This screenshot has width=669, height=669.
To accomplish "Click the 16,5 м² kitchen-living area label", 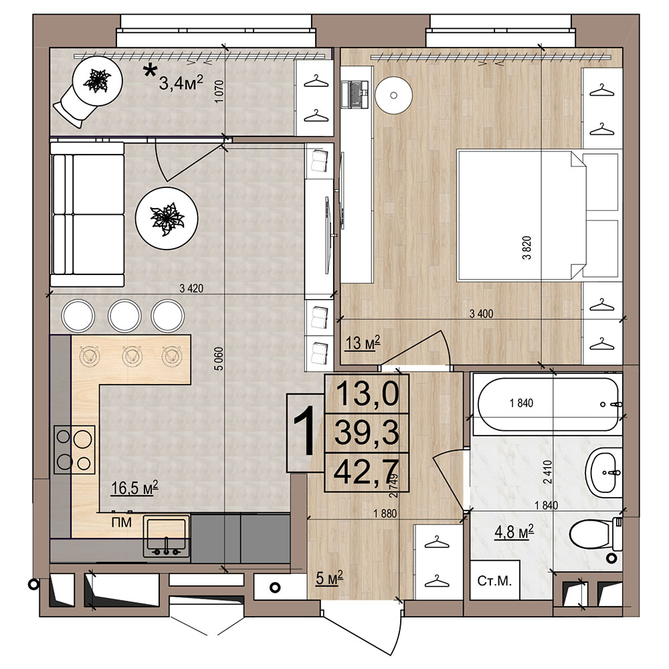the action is [134, 487].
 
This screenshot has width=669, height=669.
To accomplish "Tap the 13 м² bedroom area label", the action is [362, 342].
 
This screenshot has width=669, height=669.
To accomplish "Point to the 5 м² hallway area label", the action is [330, 578].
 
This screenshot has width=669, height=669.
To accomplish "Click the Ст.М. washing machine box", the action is [494, 581].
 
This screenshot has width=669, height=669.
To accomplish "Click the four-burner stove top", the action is [74, 450].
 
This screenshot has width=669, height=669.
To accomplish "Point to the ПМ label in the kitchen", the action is [122, 522].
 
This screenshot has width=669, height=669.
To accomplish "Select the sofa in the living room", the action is [88, 214].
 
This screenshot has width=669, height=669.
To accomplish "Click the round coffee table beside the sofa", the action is [167, 218].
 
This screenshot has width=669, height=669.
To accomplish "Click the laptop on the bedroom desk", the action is [355, 94].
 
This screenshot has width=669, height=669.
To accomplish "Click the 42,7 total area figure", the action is [367, 472].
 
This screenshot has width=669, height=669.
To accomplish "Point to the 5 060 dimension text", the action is [219, 359].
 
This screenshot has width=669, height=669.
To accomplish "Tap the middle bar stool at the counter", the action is [124, 315].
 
